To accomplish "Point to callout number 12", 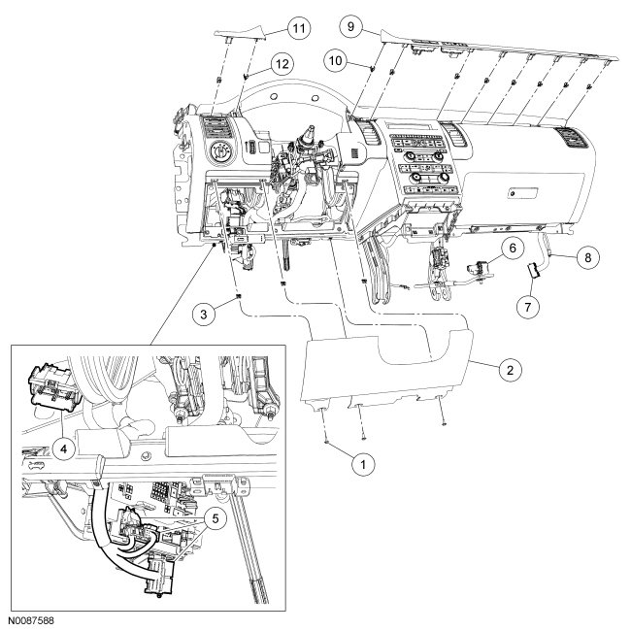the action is tap(282, 64).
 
